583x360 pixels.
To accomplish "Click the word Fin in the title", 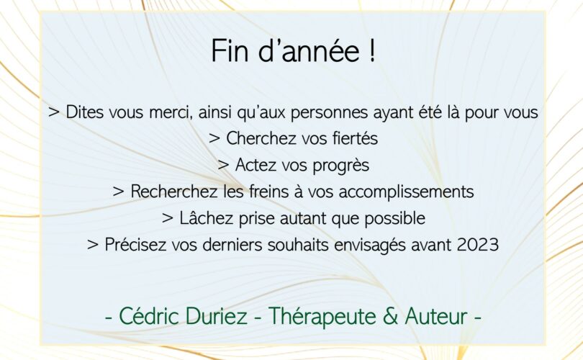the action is pyautogui.click(x=230, y=50).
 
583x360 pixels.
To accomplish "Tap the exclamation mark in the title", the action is pyautogui.click(x=373, y=50).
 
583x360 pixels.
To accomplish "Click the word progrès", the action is pyautogui.click(x=340, y=166).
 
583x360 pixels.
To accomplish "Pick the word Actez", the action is pyautogui.click(x=256, y=165).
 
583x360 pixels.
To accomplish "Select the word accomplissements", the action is pyautogui.click(x=407, y=192).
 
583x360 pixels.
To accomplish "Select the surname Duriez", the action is pyautogui.click(x=216, y=316).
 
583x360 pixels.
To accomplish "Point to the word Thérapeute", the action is pyautogui.click(x=322, y=317).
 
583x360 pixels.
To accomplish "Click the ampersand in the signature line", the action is pyautogui.click(x=390, y=316).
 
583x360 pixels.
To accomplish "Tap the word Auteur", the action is pyautogui.click(x=436, y=316).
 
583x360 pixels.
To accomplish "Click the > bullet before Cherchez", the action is pyautogui.click(x=214, y=139).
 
